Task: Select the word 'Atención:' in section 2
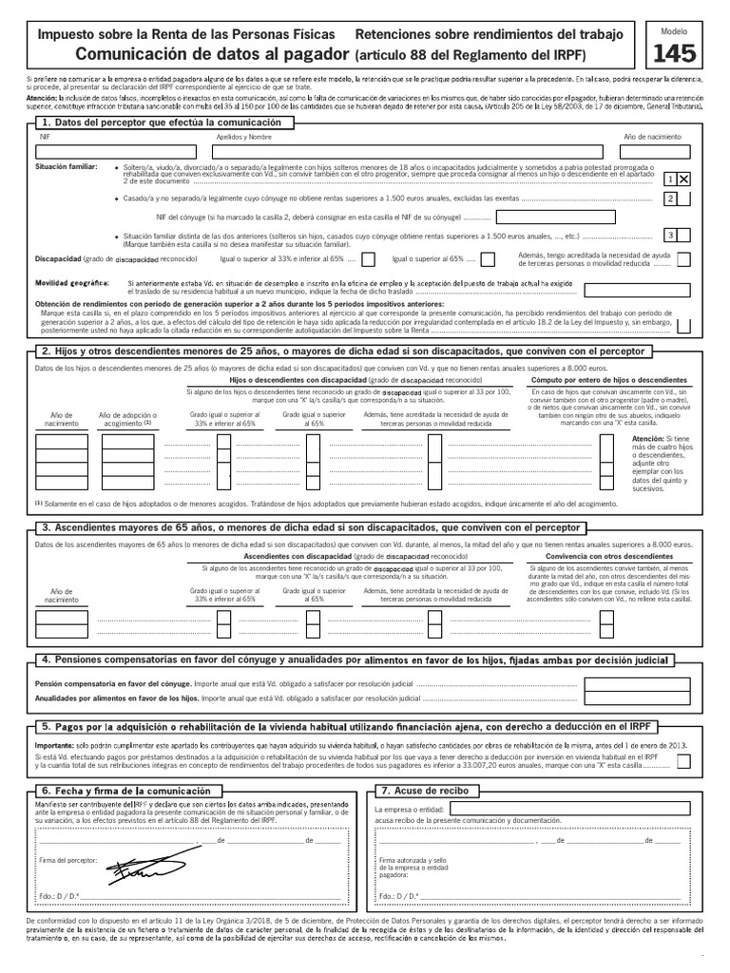coord(651,438)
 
